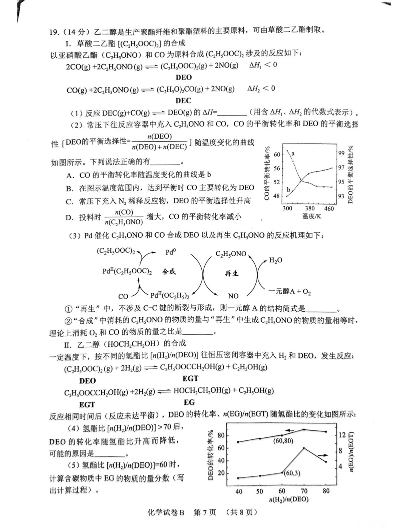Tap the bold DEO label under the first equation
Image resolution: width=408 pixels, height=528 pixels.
point(184,77)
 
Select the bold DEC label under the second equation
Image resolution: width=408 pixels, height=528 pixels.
point(184,101)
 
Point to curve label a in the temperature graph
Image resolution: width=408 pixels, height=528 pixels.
point(293,154)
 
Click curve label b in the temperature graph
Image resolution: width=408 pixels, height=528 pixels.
point(288,190)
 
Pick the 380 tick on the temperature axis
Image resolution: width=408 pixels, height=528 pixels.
point(310,208)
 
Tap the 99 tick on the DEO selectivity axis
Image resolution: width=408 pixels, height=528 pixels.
point(341,153)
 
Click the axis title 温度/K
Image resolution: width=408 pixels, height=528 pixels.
point(312,216)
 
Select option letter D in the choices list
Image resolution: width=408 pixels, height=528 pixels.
point(69,218)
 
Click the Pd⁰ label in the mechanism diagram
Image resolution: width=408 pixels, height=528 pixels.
point(170,252)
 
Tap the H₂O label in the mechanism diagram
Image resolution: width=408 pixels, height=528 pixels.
point(275,260)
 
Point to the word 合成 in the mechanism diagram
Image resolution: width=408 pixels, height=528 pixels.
point(169,272)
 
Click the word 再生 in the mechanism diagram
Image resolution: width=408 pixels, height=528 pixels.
point(232,273)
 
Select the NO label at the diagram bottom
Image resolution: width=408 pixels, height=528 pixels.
point(233,296)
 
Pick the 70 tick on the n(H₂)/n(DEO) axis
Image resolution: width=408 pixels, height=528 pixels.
point(304,491)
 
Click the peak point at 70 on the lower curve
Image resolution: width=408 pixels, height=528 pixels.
point(304,448)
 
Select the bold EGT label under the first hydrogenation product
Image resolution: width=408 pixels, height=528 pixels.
point(190,378)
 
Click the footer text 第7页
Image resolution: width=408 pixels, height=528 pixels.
point(204,513)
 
